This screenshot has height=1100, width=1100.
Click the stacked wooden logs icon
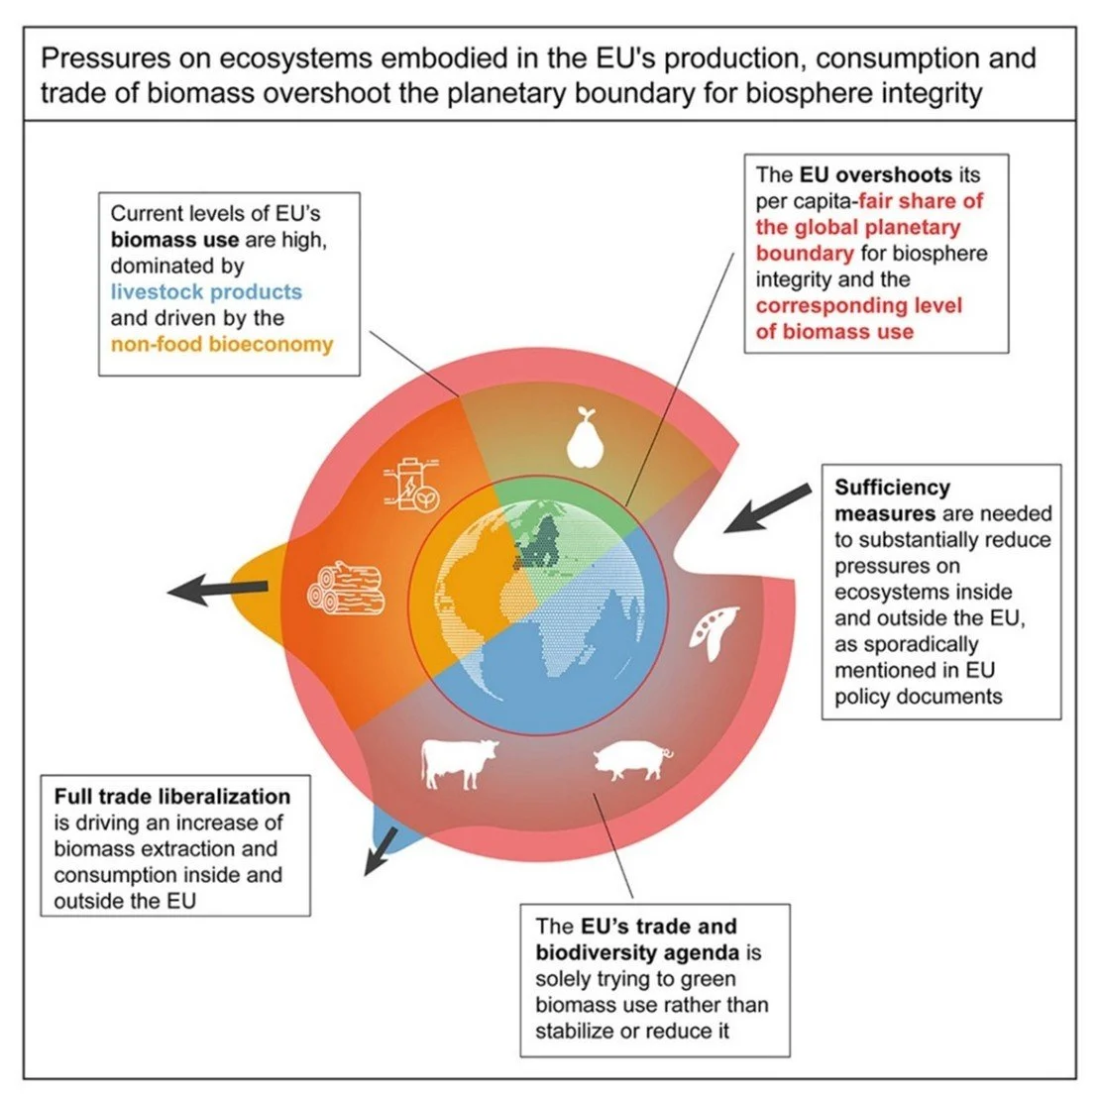tap(346, 589)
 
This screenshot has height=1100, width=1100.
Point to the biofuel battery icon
tap(409, 487)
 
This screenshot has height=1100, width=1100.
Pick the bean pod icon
tap(715, 631)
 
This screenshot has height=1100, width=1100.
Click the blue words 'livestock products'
tap(206, 292)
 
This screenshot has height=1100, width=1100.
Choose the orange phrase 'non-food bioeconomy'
tap(222, 345)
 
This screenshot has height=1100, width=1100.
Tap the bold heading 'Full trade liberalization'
tap(172, 797)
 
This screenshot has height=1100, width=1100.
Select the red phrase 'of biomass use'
tap(834, 331)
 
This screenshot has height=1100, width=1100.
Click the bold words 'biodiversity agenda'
tap(637, 953)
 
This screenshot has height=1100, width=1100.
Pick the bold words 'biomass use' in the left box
tap(174, 240)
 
